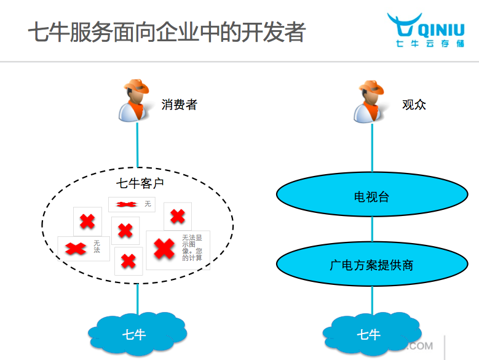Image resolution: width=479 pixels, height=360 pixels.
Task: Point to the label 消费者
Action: [x=179, y=105]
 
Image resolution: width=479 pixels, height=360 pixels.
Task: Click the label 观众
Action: [x=414, y=105]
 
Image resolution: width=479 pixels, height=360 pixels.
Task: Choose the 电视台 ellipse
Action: [x=371, y=197]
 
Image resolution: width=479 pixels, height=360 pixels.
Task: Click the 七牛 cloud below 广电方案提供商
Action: [x=369, y=335]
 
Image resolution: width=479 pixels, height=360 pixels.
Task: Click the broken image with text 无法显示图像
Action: [x=178, y=249]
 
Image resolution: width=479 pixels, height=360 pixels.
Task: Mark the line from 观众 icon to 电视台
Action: [x=371, y=148]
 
